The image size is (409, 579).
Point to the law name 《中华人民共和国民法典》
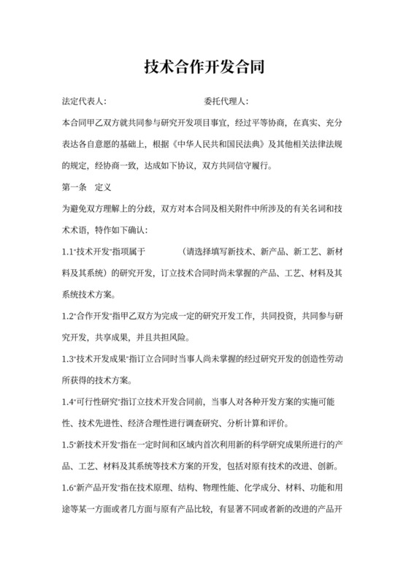pos(215,144)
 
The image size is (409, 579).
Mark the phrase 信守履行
pos(252,166)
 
